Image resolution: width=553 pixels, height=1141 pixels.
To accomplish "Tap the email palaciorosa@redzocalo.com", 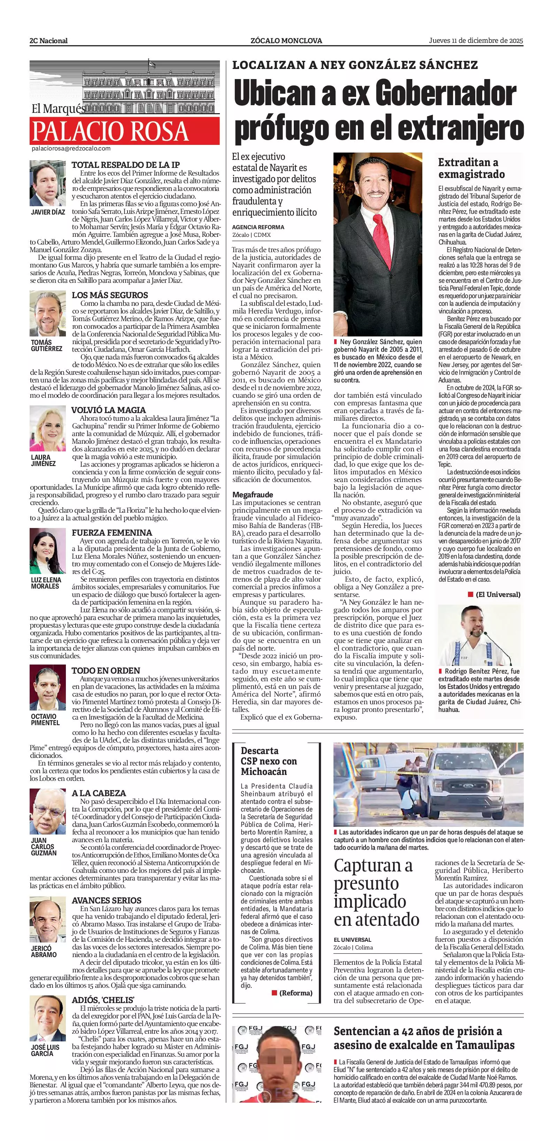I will (71, 149).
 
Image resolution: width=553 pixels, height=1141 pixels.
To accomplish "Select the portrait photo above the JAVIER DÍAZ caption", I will (47, 183).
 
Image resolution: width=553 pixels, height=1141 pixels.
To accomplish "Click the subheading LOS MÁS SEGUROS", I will (110, 295).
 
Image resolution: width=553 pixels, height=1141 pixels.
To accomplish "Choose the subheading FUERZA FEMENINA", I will (112, 533).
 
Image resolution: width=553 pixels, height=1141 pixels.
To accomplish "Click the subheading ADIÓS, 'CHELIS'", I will (103, 1000).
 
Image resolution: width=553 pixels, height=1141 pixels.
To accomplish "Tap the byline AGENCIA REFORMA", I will (258, 227).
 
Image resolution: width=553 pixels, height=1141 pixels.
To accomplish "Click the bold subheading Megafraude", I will (253, 494).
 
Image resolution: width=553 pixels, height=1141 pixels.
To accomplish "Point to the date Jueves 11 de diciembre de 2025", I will (475, 41).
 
